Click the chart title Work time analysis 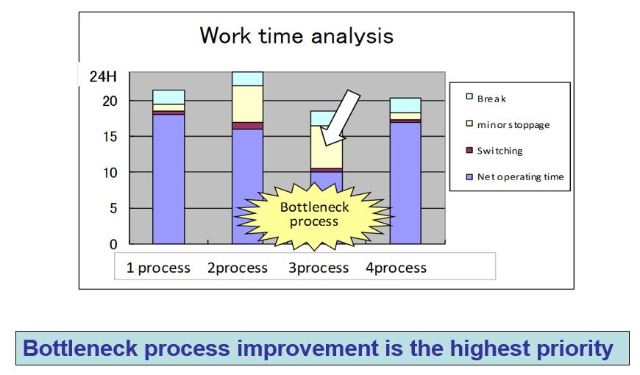point(296,36)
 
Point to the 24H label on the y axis point(103,76)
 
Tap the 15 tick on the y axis point(110,137)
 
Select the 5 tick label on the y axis point(113,209)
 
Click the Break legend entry point(486,99)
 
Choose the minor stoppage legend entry point(508,124)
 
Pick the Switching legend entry point(494,151)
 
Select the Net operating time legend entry point(515,176)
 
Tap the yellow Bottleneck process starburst point(315,215)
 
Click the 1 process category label point(158,268)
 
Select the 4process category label point(396,268)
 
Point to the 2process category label point(238,268)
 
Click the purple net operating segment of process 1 point(168,179)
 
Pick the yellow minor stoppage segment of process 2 point(247,104)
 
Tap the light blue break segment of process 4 point(405,105)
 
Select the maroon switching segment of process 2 point(247,126)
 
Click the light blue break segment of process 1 point(168,97)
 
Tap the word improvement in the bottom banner point(308,349)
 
